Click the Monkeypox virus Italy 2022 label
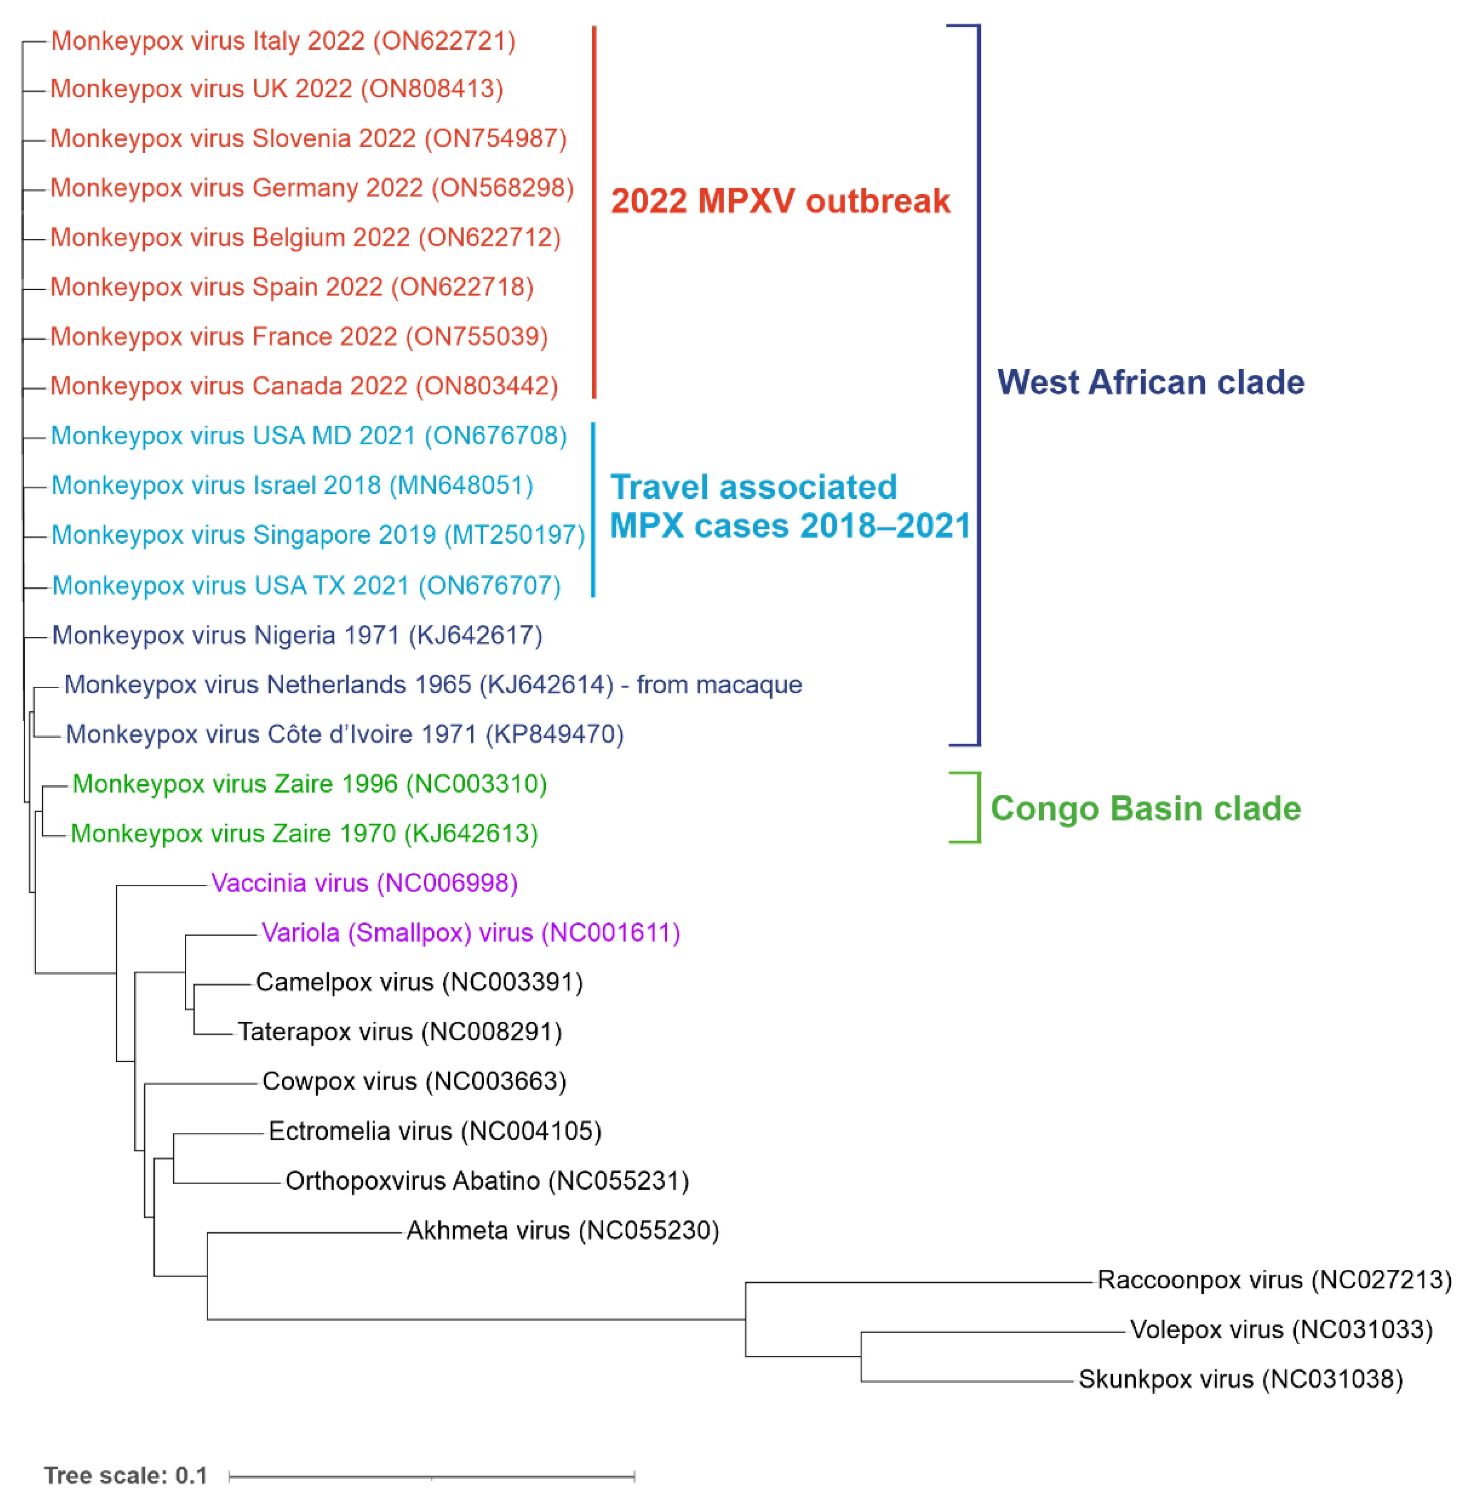click(283, 41)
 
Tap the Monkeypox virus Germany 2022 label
click(312, 188)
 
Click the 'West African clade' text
click(1150, 383)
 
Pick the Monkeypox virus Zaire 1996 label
click(309, 784)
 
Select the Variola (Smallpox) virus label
click(470, 933)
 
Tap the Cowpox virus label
click(414, 1082)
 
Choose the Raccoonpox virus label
click(1273, 1280)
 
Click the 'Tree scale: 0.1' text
click(125, 1476)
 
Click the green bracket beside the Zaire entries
click(978, 807)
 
